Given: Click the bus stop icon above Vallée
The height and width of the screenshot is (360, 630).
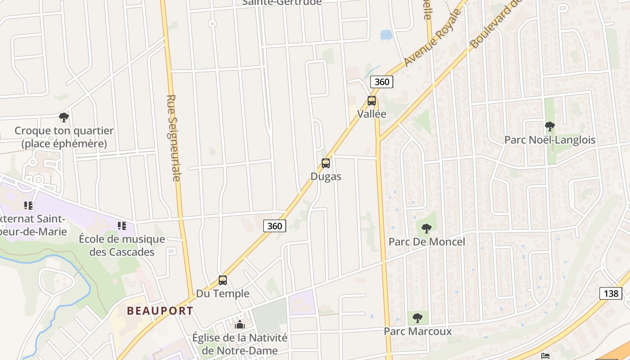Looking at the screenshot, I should (372, 101).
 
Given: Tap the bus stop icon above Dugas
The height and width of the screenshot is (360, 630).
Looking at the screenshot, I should (326, 163).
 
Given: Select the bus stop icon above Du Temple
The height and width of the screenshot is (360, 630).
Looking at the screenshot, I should (223, 280).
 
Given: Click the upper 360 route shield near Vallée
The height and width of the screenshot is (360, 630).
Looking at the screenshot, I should (382, 82).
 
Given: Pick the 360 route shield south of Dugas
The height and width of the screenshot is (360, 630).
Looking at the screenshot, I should (274, 226).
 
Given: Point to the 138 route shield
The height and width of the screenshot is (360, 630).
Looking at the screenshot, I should (611, 293).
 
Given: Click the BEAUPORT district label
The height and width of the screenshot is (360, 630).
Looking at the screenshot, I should (160, 310).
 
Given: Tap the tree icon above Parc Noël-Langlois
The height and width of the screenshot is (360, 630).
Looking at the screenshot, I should (549, 126).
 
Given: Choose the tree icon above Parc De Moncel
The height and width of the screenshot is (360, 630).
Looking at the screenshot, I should (427, 228).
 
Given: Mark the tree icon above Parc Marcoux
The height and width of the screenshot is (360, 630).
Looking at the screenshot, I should (418, 318).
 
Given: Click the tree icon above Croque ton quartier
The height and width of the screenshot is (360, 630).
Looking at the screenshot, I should (64, 117).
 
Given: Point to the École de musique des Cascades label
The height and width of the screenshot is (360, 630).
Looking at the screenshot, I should (122, 245).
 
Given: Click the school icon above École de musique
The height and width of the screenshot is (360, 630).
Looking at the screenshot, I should (122, 225).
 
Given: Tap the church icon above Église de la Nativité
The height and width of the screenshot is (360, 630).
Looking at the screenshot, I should (240, 324).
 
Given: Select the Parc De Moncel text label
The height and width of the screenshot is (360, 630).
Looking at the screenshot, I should (427, 242).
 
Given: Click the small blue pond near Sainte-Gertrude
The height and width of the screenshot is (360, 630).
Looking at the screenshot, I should (386, 35).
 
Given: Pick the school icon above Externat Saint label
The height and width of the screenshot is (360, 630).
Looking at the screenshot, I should (28, 206).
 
